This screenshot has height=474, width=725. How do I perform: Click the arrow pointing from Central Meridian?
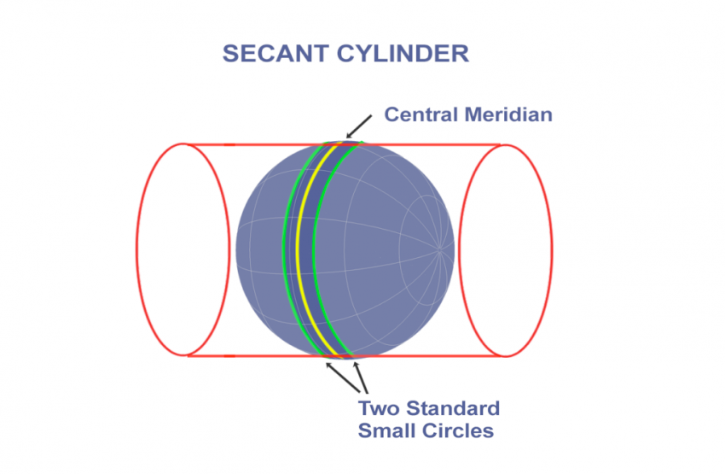(x=360, y=125)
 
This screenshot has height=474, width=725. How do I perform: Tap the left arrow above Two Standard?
(x=334, y=372)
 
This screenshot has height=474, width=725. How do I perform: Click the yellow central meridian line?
(x=298, y=248)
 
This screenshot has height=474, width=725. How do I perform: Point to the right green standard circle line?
(x=313, y=248)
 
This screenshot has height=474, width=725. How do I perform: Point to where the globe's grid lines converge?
(x=441, y=249)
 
